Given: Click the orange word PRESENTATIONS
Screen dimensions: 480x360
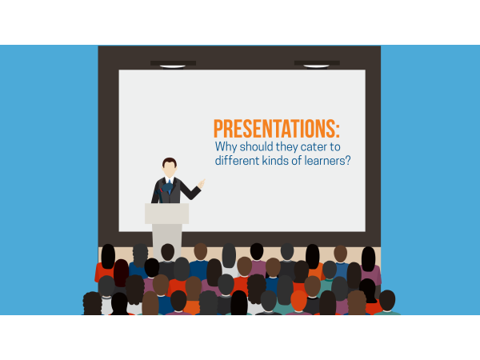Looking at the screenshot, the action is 274,128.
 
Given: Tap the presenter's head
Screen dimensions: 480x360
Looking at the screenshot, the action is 170,167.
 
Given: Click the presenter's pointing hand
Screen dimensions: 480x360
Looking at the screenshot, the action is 201,184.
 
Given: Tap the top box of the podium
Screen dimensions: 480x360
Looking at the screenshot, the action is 167,214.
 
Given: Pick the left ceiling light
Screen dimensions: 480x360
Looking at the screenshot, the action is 173,66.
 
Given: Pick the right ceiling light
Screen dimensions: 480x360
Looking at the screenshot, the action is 316,66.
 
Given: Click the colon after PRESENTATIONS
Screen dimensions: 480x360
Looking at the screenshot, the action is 338,130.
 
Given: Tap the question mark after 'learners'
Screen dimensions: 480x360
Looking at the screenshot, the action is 347,160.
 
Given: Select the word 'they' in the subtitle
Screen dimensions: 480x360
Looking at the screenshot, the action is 287,147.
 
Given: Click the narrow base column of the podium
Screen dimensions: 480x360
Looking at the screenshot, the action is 167,242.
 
